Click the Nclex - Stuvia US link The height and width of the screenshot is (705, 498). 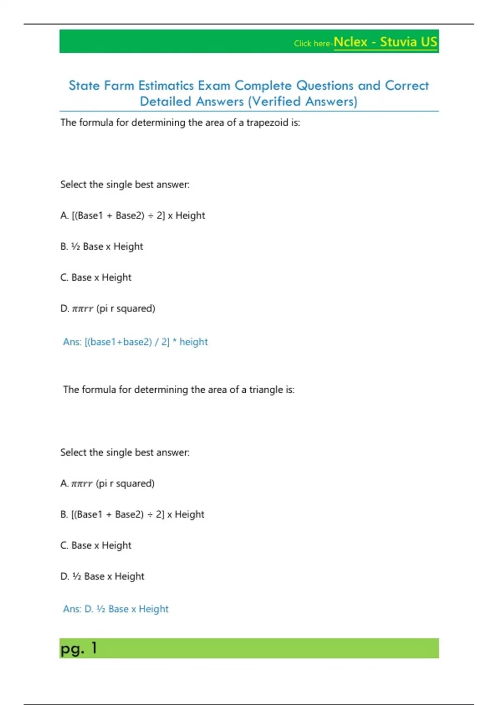pos(385,42)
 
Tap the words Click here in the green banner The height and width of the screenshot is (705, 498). pos(312,44)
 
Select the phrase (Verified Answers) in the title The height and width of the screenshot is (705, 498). pos(303,102)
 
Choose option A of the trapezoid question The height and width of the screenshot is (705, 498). pos(133,216)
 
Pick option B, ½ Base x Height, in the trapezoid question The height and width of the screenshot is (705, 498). pos(102,247)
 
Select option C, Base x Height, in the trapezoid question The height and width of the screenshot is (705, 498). pos(96,277)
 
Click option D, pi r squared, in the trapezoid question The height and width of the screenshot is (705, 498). pos(108,309)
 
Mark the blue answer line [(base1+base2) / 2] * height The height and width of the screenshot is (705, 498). pos(135,342)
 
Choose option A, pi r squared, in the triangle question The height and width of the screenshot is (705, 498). pos(107,484)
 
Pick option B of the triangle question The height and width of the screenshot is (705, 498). pos(132,515)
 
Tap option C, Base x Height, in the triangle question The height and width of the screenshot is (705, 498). pos(96,545)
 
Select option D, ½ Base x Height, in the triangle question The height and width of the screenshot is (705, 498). pos(103,576)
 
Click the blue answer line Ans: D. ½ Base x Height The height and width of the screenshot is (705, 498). pos(116,609)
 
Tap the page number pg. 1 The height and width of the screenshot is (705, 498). pos(78,648)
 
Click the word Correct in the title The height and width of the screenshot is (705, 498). pos(407,86)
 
